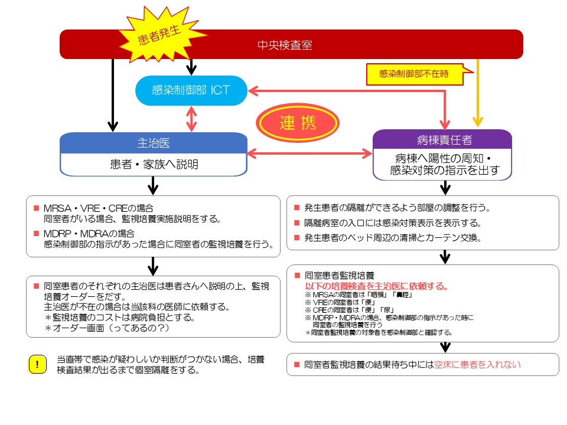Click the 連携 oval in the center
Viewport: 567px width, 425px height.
[298, 123]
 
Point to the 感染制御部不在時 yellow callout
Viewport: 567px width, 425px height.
[413, 74]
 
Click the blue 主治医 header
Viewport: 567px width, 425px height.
[153, 143]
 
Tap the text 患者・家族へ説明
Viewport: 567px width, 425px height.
[153, 165]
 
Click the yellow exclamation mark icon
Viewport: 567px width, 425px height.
[37, 365]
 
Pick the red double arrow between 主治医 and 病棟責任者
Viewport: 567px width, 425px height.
[310, 153]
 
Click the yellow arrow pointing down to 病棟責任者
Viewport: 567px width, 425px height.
[477, 94]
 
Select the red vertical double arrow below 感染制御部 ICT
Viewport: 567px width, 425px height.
[191, 119]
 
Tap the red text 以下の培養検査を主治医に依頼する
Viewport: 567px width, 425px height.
[376, 286]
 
